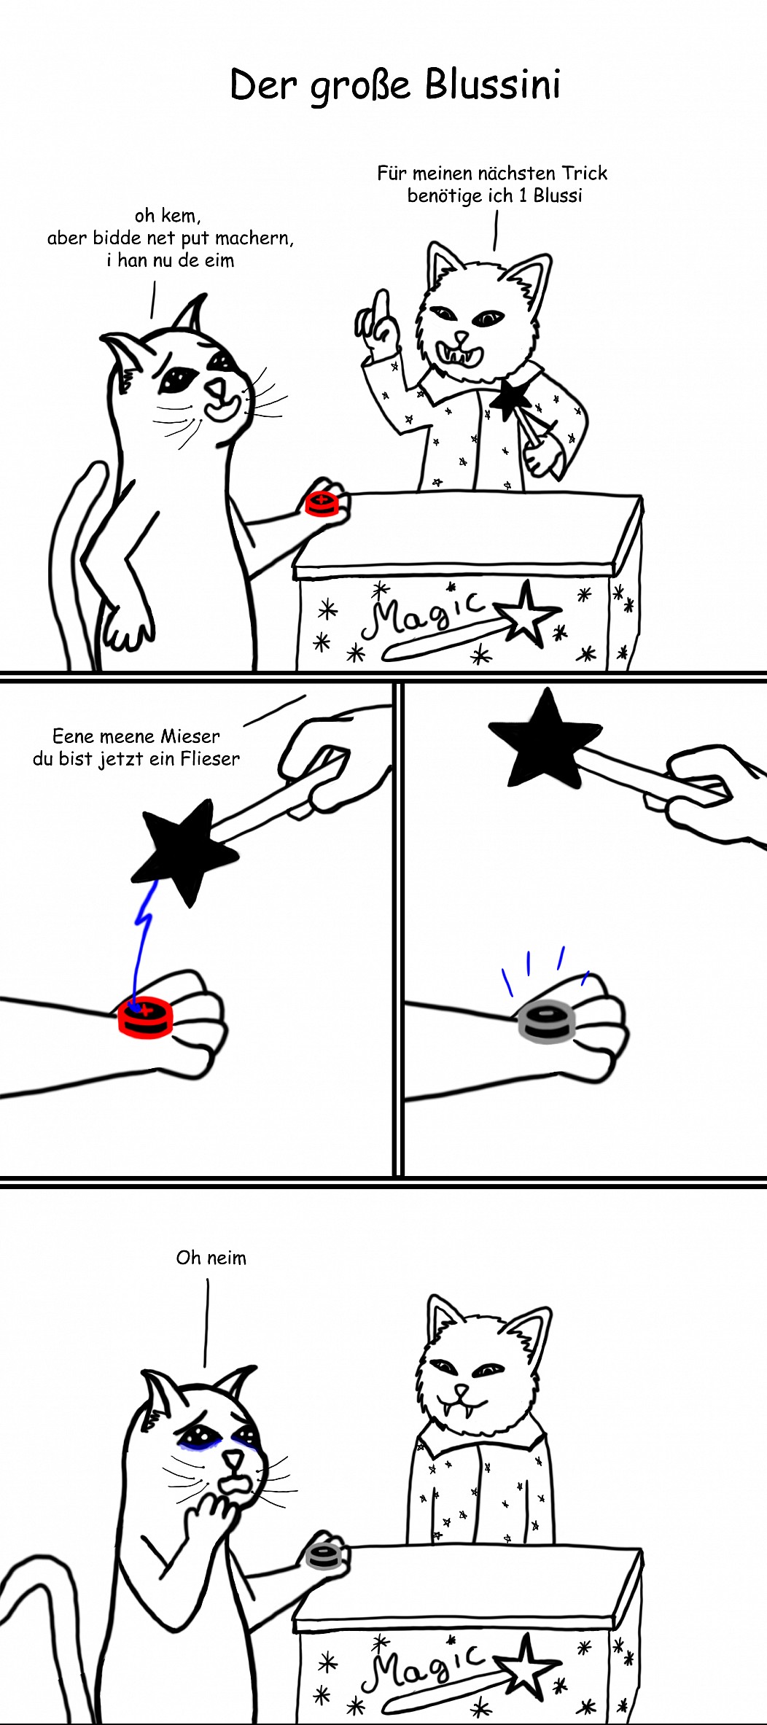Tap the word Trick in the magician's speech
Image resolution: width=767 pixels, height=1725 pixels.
click(584, 173)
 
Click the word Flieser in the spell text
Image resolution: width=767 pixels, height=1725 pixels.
click(210, 759)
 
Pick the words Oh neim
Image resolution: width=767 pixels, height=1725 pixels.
click(211, 1258)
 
